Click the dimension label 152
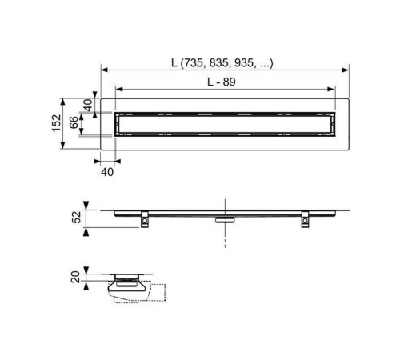click(x=57, y=123)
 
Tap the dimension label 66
click(x=74, y=122)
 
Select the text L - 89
click(x=222, y=82)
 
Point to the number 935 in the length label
click(x=243, y=63)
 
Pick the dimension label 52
click(x=77, y=217)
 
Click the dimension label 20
click(x=75, y=277)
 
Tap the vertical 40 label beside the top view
click(x=88, y=105)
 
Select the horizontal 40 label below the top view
click(x=107, y=172)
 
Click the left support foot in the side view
click(x=145, y=219)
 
